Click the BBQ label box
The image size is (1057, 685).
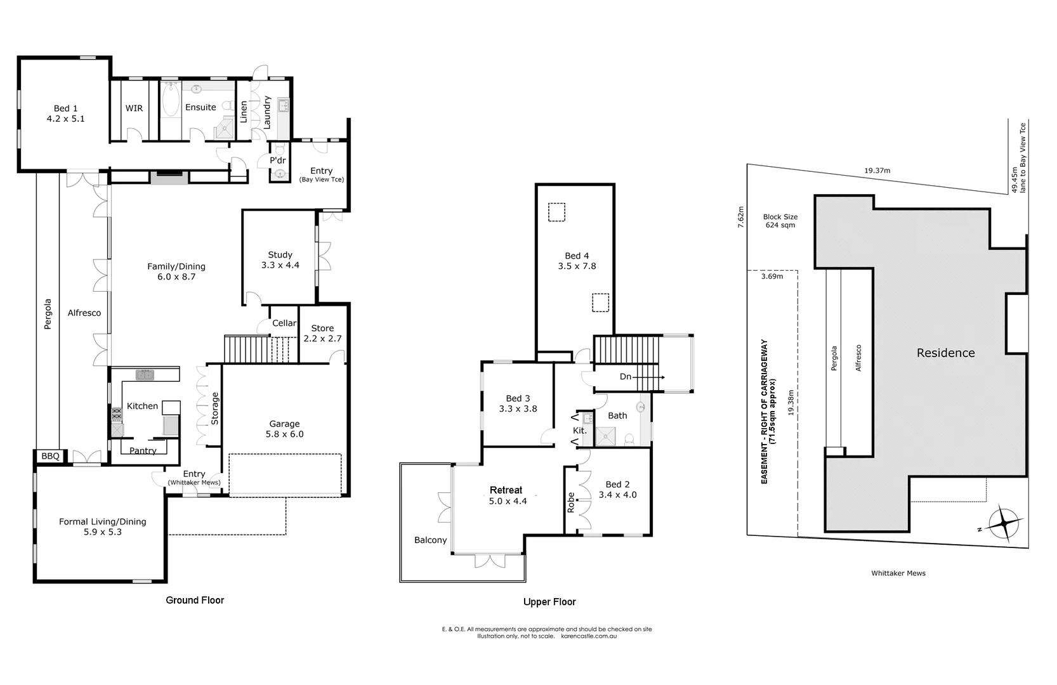(50, 456)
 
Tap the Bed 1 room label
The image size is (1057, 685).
(65, 114)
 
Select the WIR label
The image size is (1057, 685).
(134, 108)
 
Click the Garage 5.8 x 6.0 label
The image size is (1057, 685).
(284, 429)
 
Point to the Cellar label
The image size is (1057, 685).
(284, 323)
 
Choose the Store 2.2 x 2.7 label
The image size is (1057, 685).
(322, 333)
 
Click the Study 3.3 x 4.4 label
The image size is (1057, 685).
(280, 260)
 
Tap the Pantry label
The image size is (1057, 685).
(143, 450)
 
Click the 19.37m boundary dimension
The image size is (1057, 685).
(877, 171)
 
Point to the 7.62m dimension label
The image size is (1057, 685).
(740, 216)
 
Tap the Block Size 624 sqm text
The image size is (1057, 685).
(780, 221)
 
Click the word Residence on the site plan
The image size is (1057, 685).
(945, 353)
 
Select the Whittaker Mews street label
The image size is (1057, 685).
(898, 573)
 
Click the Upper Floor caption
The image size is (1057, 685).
(549, 602)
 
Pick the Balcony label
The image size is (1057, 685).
(430, 540)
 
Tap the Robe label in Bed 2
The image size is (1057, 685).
(570, 502)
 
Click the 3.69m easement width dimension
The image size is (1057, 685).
(771, 276)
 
